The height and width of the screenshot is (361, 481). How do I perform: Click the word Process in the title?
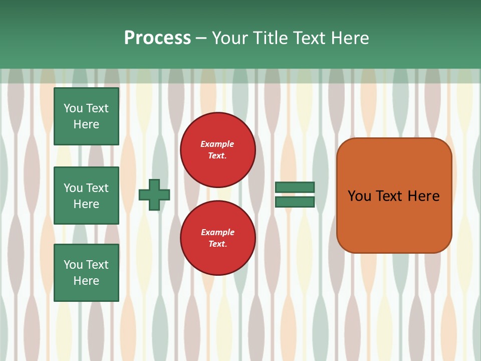point(157,38)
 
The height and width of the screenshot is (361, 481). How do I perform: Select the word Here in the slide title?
point(350,38)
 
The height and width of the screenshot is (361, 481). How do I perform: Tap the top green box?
point(86,116)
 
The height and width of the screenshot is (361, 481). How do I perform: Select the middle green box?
point(86,196)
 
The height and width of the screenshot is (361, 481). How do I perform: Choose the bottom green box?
point(86,273)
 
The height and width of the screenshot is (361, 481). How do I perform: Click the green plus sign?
point(154,195)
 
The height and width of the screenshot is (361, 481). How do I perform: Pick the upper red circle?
point(218,150)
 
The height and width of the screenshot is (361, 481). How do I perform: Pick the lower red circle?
point(218,238)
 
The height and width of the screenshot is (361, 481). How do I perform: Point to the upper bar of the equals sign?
point(295,188)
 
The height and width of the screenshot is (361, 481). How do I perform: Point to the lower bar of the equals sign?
point(295,202)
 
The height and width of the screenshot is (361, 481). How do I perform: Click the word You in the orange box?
point(359,196)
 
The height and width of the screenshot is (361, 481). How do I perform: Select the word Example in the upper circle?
point(217,144)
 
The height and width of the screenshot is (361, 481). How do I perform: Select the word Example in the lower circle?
point(217,233)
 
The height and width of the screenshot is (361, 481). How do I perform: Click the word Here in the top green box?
point(86,124)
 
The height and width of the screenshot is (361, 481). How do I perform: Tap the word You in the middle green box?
point(73,188)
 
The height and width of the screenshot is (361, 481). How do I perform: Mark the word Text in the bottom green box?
point(97,265)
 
